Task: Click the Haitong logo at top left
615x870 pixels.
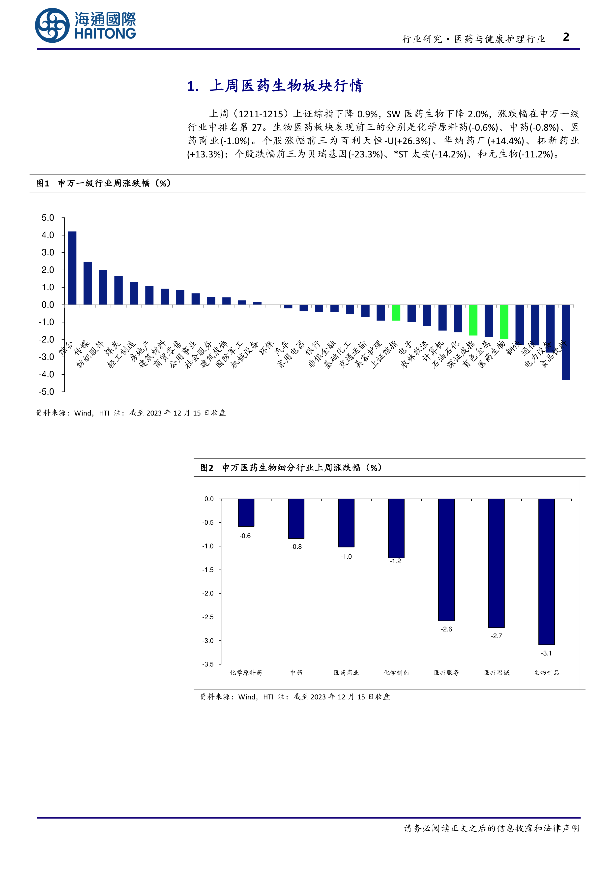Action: [85, 25]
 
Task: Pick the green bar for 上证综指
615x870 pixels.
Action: [396, 313]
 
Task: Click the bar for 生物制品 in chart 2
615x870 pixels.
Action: [546, 572]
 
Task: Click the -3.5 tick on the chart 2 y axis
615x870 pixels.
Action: [208, 664]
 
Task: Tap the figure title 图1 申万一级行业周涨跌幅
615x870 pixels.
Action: [103, 183]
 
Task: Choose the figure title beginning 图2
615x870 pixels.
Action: [291, 468]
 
